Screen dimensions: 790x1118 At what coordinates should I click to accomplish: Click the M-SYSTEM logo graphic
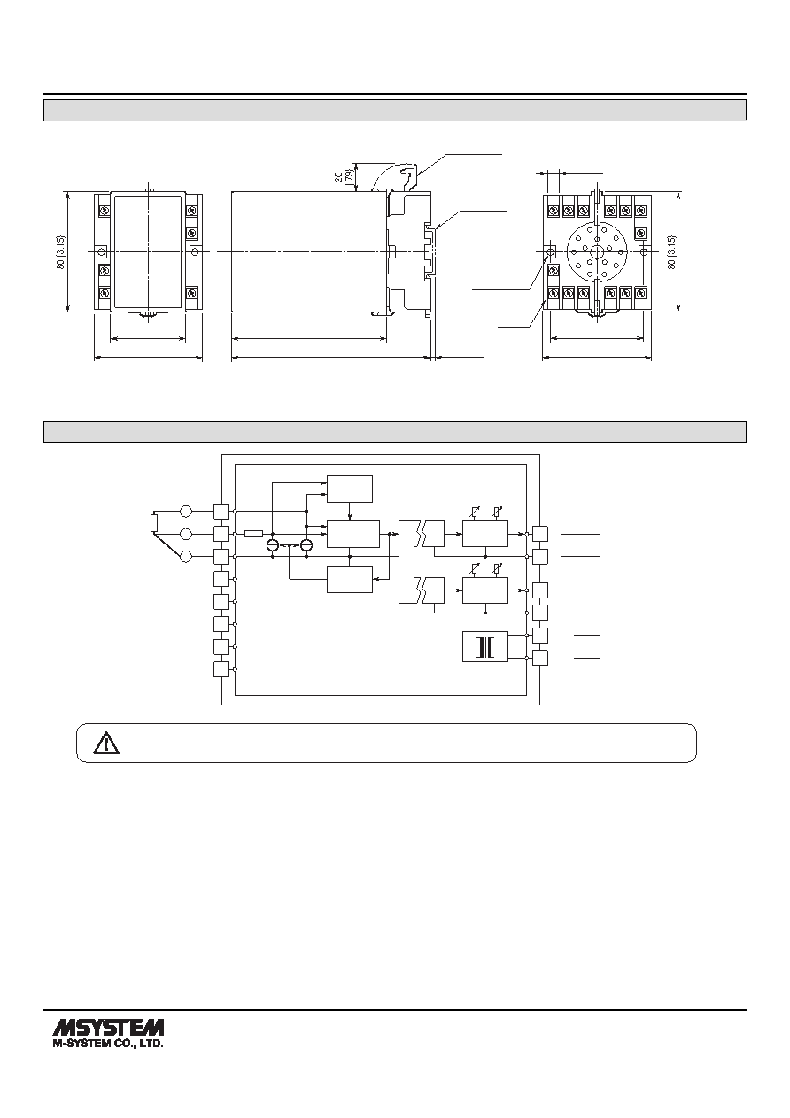(x=108, y=1026)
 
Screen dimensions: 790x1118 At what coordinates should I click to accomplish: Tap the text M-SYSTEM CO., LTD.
(x=108, y=1043)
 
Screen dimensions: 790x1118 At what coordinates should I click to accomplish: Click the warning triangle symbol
(x=106, y=744)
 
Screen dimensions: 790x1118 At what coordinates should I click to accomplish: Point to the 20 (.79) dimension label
(x=342, y=177)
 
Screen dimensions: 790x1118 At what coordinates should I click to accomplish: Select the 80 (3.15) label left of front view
(x=60, y=252)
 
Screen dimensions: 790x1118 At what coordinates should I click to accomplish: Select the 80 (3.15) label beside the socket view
(x=671, y=252)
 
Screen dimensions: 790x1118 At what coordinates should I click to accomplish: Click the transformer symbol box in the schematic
(x=484, y=647)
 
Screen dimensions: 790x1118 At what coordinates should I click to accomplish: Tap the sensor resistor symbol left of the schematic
(x=154, y=523)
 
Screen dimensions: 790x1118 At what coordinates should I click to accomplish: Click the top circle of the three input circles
(x=186, y=511)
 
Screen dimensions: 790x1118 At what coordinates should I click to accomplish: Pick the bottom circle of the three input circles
(x=186, y=557)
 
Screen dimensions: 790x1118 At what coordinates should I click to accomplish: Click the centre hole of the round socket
(x=597, y=251)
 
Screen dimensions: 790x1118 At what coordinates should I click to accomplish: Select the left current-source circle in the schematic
(x=273, y=544)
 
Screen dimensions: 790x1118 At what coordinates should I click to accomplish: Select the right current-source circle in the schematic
(x=306, y=544)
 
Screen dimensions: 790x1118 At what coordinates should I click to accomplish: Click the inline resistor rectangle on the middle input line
(x=253, y=534)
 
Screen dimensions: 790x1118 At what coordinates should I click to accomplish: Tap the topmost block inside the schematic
(x=350, y=490)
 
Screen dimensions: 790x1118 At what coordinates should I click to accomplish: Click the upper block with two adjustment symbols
(x=484, y=534)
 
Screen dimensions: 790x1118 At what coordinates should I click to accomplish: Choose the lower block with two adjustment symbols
(x=484, y=590)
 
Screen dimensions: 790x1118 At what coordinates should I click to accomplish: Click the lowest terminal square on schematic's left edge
(x=221, y=669)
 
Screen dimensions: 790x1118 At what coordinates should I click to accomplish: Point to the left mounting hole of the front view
(x=101, y=251)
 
